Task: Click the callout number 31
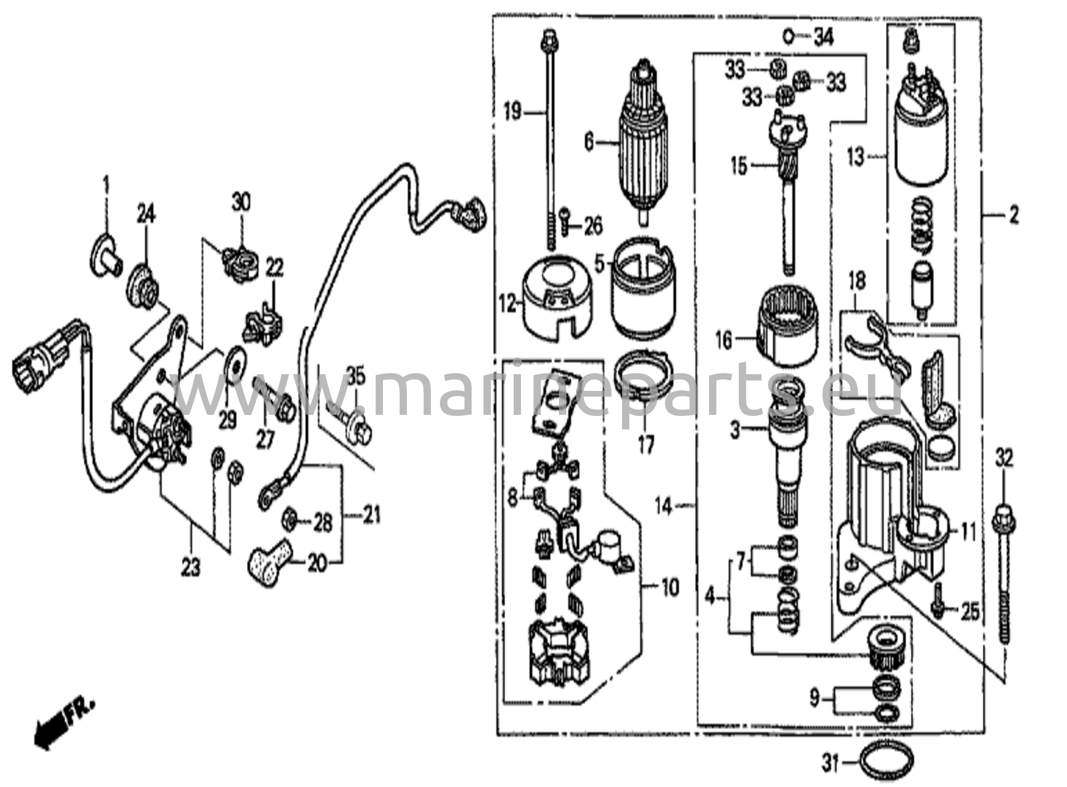pyautogui.click(x=831, y=765)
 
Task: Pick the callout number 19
pyautogui.click(x=514, y=112)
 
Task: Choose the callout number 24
pyautogui.click(x=146, y=214)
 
